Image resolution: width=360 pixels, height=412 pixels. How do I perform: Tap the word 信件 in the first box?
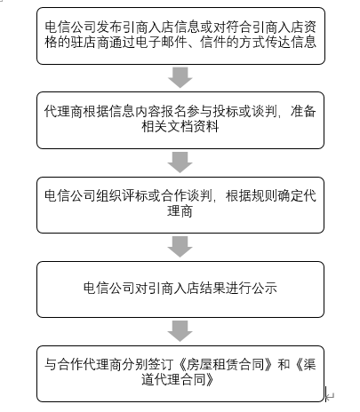[x=213, y=42]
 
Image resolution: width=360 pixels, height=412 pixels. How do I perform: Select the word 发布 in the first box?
[x=109, y=28]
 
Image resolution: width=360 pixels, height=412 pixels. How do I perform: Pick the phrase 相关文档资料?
[x=180, y=127]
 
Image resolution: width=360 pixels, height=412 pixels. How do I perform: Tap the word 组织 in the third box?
[x=109, y=196]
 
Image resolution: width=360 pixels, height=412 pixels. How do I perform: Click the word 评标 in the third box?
[x=135, y=196]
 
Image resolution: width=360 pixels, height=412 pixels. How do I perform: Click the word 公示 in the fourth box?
[x=264, y=288]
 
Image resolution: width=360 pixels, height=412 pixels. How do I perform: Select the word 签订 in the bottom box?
[x=161, y=364]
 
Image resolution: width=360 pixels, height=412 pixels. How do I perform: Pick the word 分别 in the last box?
[x=135, y=364]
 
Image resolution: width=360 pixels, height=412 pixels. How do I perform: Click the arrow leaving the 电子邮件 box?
[x=180, y=77]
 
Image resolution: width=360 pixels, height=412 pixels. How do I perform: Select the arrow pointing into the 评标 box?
[x=180, y=162]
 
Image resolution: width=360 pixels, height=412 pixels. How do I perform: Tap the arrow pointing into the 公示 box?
[x=180, y=247]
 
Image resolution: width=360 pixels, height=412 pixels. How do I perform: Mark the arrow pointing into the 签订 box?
[x=180, y=331]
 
